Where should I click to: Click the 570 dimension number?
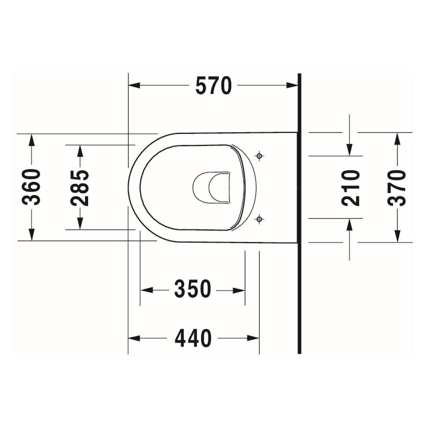(x=213, y=86)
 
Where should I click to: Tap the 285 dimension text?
(x=80, y=188)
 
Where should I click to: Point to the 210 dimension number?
(x=351, y=188)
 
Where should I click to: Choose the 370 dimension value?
(x=397, y=188)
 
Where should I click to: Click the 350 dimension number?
(x=193, y=289)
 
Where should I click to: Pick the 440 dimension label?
(x=193, y=338)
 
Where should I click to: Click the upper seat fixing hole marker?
(x=259, y=156)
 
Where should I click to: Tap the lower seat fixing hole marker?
(x=259, y=219)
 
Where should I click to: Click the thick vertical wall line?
(x=299, y=213)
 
